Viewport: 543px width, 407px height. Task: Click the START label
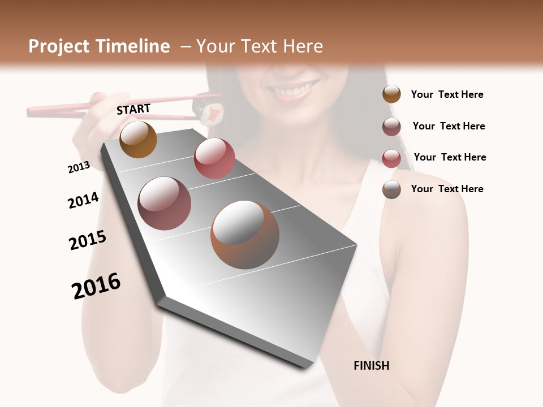pyautogui.click(x=133, y=109)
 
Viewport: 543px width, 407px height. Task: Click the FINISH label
pyautogui.click(x=371, y=366)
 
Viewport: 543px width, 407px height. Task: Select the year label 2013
pyautogui.click(x=79, y=167)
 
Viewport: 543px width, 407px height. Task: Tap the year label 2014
pyautogui.click(x=83, y=201)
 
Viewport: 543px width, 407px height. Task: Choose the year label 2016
pyautogui.click(x=96, y=286)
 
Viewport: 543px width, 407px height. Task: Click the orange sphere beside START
pyautogui.click(x=138, y=139)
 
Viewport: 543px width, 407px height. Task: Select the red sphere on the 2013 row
pyautogui.click(x=214, y=158)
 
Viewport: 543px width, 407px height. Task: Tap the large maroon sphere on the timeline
pyautogui.click(x=164, y=203)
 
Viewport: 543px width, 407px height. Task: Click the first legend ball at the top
pyautogui.click(x=391, y=94)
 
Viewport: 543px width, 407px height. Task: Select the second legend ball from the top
pyautogui.click(x=391, y=127)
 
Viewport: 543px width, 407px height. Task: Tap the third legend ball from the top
pyautogui.click(x=391, y=158)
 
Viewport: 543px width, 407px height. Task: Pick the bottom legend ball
pyautogui.click(x=391, y=189)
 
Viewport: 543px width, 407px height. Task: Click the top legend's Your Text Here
pyautogui.click(x=447, y=94)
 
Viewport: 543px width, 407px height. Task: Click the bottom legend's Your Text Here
pyautogui.click(x=447, y=189)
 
